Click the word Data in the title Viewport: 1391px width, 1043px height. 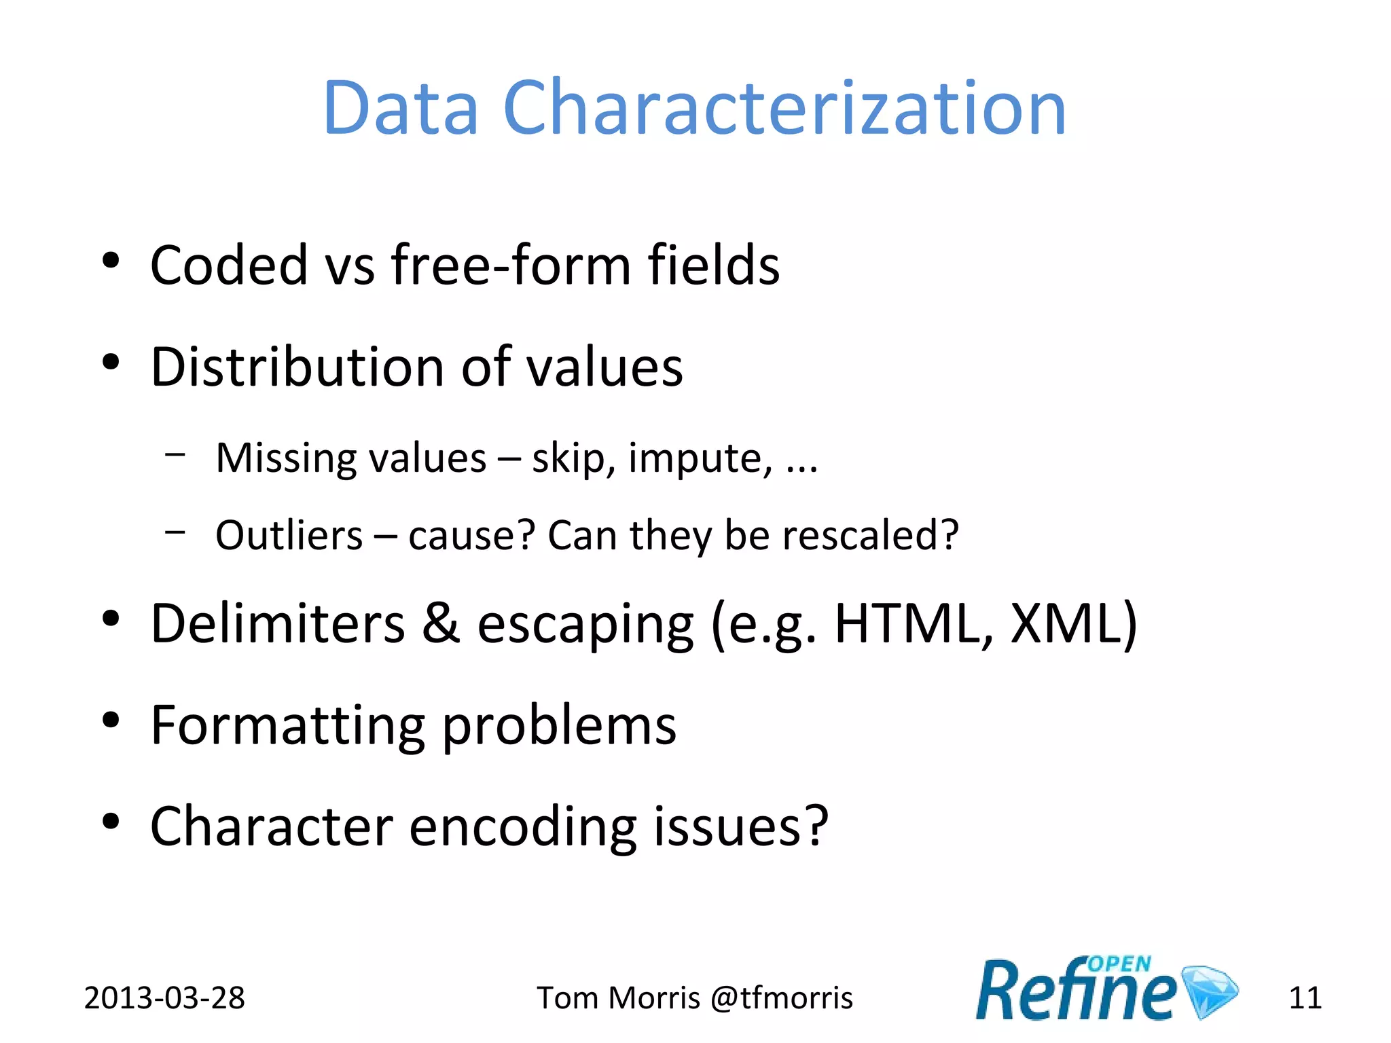click(401, 109)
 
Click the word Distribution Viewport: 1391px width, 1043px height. click(297, 367)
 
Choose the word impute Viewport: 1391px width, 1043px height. click(700, 459)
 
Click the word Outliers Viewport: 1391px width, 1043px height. click(289, 536)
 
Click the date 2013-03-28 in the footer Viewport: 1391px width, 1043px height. click(164, 998)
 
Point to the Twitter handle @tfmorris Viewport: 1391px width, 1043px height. click(781, 998)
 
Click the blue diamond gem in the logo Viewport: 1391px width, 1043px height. click(1210, 991)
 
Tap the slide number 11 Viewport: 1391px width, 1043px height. click(1305, 998)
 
